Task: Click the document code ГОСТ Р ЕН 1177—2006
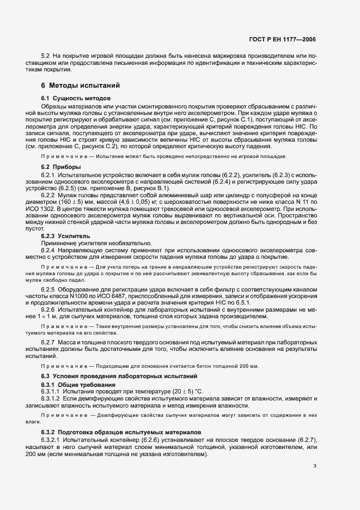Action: point(287,39)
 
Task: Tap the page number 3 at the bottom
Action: point(315,466)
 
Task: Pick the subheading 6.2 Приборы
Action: point(61,166)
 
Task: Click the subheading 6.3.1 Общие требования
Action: point(74,385)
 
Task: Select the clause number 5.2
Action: point(46,57)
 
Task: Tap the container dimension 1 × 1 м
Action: point(59,316)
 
